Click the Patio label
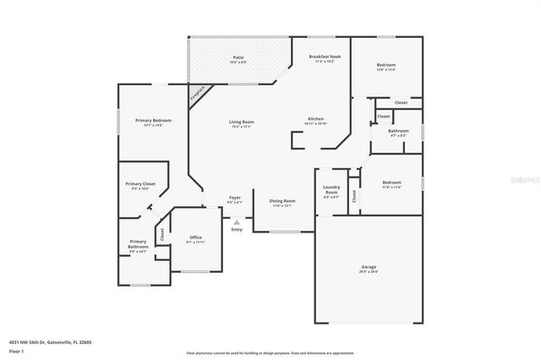click(238, 57)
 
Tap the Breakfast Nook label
click(325, 56)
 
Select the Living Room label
click(241, 122)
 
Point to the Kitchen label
click(315, 118)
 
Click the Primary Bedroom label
click(154, 121)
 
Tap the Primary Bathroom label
click(138, 245)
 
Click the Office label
click(195, 237)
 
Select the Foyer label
click(235, 199)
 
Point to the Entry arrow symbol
click(237, 221)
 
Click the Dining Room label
click(281, 201)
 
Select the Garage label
click(369, 267)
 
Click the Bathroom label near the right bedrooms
click(398, 131)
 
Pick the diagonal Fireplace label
click(196, 93)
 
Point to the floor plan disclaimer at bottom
click(270, 352)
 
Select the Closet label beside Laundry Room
click(354, 196)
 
